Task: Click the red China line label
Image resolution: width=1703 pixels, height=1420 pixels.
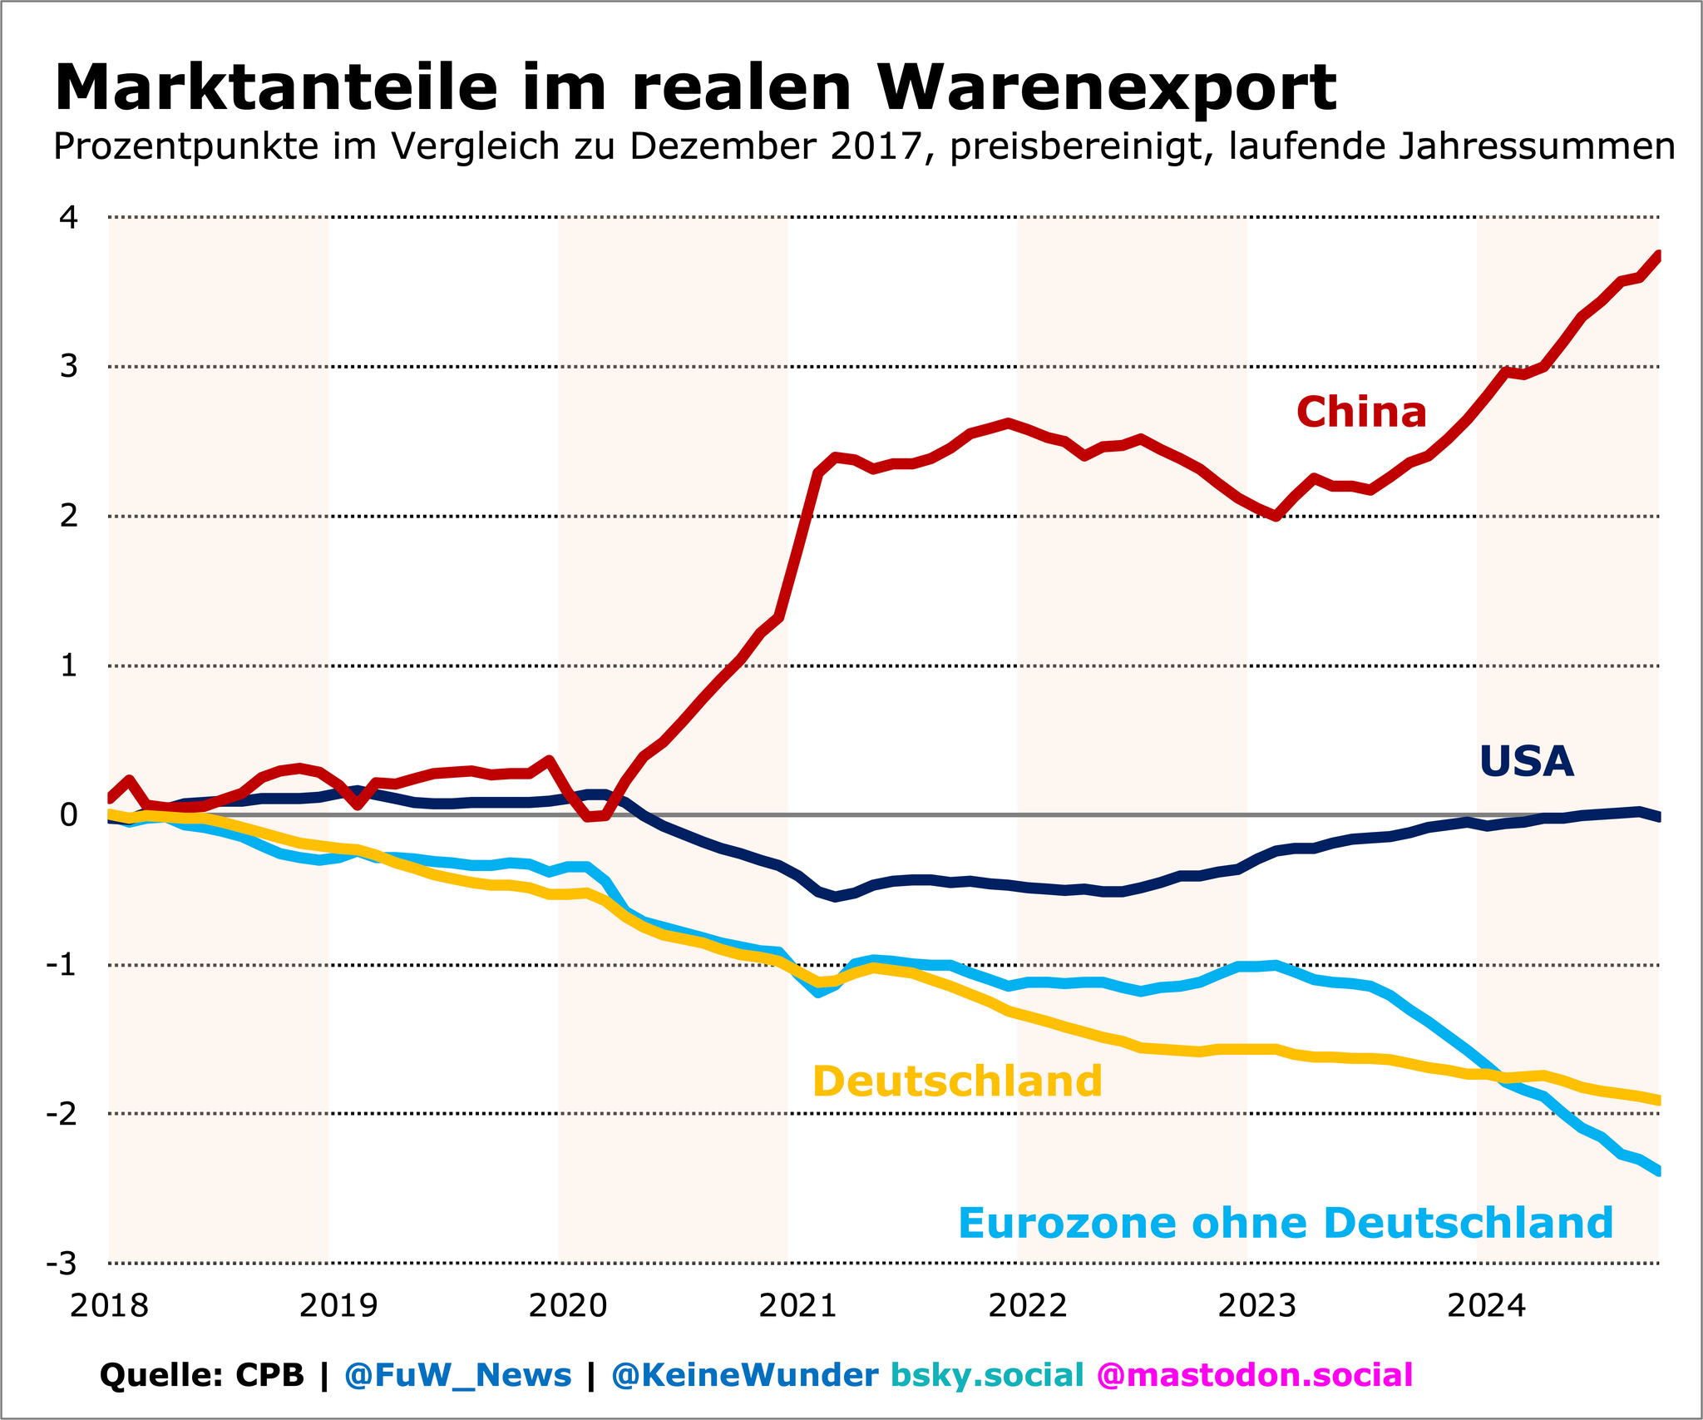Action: tap(1361, 413)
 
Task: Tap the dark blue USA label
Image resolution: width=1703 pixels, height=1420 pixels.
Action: tap(1527, 762)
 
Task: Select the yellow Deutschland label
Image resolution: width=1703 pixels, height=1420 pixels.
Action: tap(957, 1082)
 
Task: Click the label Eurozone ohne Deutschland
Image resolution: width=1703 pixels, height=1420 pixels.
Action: tap(1286, 1224)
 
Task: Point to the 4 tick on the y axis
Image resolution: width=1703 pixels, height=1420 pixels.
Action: tap(69, 218)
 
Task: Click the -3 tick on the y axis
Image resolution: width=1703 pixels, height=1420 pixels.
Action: tap(62, 1264)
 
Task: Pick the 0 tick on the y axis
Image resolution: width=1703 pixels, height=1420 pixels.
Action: tap(69, 815)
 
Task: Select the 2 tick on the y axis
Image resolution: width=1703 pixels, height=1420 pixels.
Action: tap(69, 517)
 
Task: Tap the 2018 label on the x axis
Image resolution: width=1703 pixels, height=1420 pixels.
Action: tap(109, 1306)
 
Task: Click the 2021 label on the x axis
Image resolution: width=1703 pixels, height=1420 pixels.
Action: tap(797, 1306)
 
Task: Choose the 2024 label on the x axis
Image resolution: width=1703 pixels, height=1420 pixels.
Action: tap(1486, 1306)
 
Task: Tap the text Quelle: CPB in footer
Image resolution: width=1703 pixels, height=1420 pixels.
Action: tap(202, 1375)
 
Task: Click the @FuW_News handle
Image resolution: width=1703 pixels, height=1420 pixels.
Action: tap(457, 1375)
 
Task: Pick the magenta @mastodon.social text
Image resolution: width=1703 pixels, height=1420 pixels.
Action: tap(1255, 1375)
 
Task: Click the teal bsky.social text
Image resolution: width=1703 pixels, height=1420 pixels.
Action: tap(987, 1375)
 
